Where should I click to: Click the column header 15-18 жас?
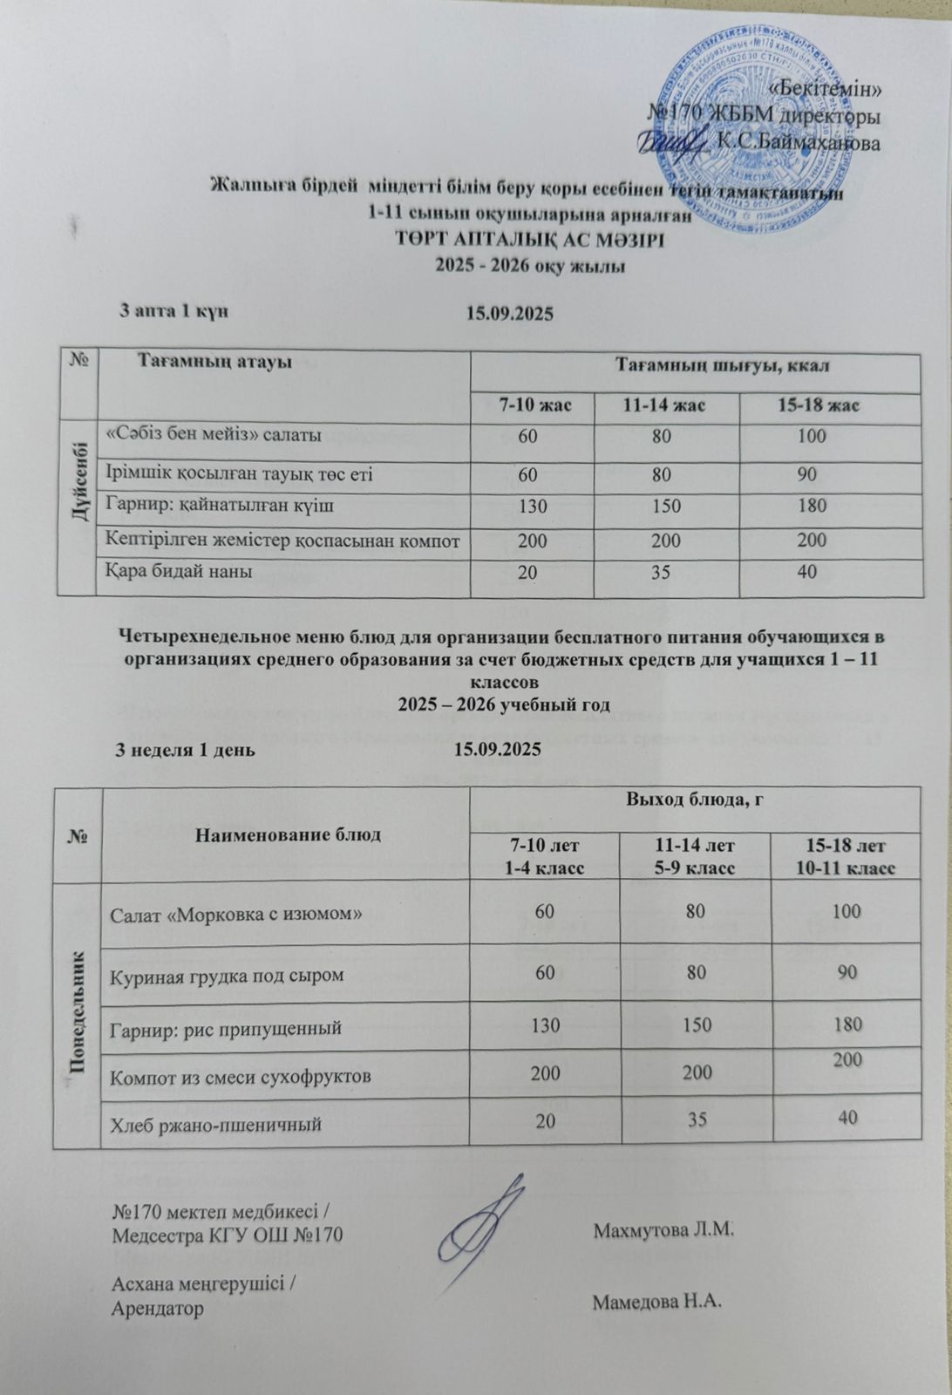coord(819,405)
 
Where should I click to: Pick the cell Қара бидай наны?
coord(179,572)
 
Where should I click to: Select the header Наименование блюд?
coord(289,834)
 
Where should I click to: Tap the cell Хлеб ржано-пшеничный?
coord(214,1124)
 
